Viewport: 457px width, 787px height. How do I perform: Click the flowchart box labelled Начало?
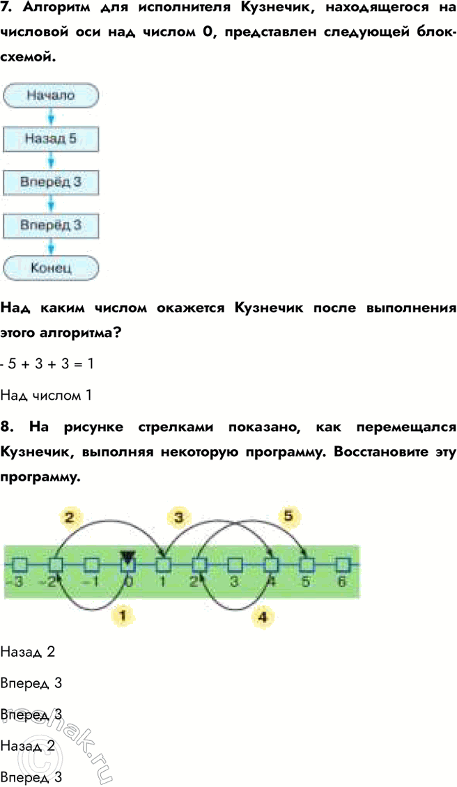coord(51,95)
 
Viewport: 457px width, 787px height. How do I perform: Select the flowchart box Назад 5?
coord(51,139)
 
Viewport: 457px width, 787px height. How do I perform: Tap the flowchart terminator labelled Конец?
coord(51,267)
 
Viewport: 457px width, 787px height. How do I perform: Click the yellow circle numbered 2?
coord(69,517)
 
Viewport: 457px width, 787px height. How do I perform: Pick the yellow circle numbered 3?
coord(179,517)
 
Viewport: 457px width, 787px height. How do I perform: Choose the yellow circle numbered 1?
coord(123,615)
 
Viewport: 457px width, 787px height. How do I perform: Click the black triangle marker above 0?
coord(127,555)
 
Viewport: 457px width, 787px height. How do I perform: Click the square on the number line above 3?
coord(235,563)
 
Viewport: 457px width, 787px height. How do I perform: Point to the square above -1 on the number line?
coord(91,563)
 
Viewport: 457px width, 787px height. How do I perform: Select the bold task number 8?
coord(6,427)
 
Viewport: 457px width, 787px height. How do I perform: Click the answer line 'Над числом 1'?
coord(46,396)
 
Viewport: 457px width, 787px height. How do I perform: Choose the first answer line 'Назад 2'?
coord(28,653)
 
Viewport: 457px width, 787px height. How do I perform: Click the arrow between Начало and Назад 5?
coord(51,116)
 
